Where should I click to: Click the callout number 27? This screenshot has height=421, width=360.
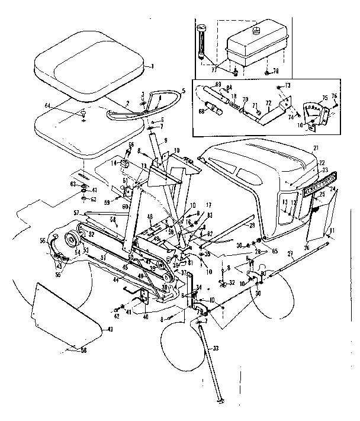pos(290,253)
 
